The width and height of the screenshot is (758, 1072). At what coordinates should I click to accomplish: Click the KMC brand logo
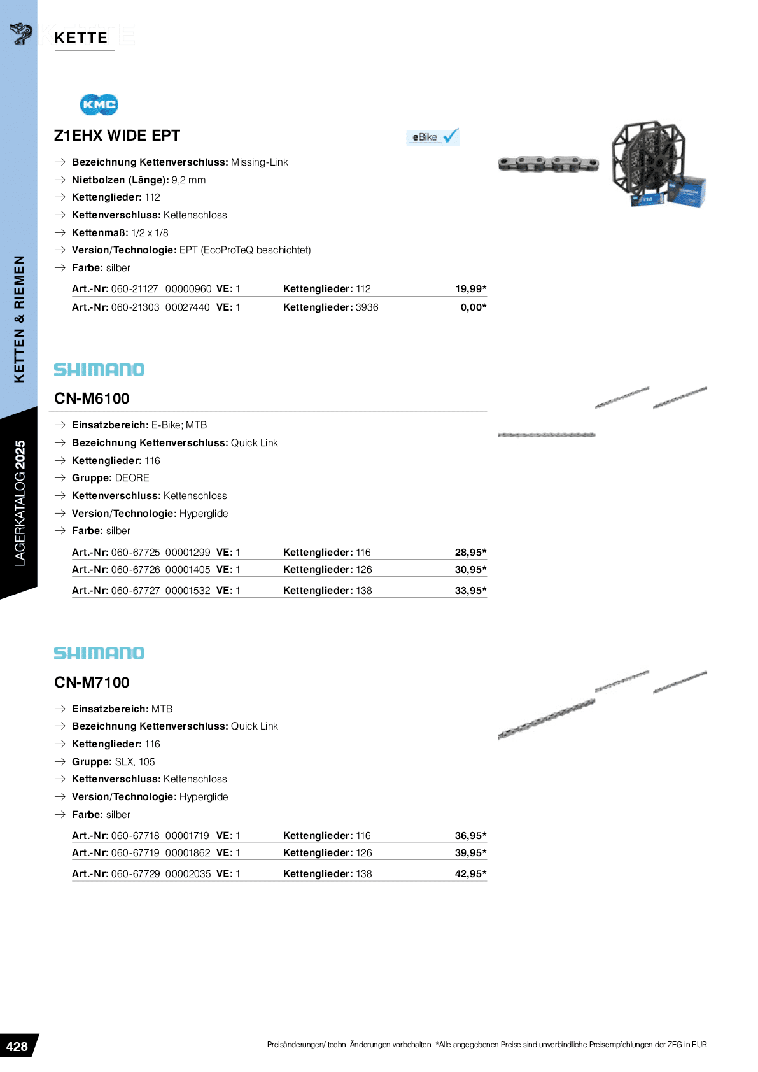pyautogui.click(x=99, y=104)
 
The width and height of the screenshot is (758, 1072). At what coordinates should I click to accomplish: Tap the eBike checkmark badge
pyautogui.click(x=433, y=137)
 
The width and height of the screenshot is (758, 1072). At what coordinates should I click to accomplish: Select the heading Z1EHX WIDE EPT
pyautogui.click(x=117, y=136)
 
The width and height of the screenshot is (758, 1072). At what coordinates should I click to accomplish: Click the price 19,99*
pyautogui.click(x=470, y=289)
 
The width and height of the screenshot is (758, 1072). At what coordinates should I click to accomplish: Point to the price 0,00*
pyautogui.click(x=473, y=307)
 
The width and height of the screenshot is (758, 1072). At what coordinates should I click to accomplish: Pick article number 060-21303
pyautogui.click(x=135, y=307)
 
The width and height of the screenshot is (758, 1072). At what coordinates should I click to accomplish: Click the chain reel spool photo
pyautogui.click(x=656, y=164)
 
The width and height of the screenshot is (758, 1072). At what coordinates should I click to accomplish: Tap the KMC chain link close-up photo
pyautogui.click(x=548, y=164)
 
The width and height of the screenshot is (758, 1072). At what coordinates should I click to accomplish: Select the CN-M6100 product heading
pyautogui.click(x=92, y=398)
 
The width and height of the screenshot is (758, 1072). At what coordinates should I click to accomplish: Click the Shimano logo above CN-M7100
pyautogui.click(x=99, y=652)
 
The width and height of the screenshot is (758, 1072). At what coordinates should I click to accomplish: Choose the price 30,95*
pyautogui.click(x=470, y=570)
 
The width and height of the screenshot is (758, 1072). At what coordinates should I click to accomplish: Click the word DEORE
pyautogui.click(x=132, y=478)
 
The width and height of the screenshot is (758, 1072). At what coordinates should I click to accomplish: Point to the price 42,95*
pyautogui.click(x=470, y=874)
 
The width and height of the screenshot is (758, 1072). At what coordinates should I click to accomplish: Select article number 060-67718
pyautogui.click(x=135, y=836)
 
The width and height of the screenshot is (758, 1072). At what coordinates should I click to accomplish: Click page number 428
pyautogui.click(x=17, y=1047)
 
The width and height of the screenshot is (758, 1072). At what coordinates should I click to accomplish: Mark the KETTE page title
pyautogui.click(x=81, y=38)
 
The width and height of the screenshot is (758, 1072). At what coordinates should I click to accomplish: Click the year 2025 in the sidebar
pyautogui.click(x=20, y=455)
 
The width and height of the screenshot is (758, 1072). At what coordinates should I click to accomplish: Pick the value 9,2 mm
pyautogui.click(x=188, y=180)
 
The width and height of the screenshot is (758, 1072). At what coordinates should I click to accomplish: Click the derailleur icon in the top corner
pyautogui.click(x=21, y=33)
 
